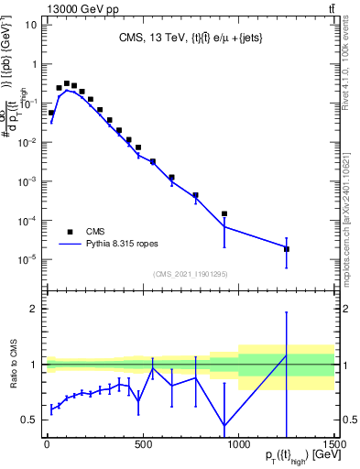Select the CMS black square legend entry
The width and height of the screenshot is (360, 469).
click(x=71, y=231)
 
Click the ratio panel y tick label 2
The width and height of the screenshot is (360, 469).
click(x=31, y=309)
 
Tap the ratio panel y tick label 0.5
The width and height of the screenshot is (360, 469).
click(x=27, y=420)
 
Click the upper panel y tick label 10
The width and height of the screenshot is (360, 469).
click(x=28, y=25)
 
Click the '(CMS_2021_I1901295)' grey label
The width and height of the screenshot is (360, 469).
click(x=190, y=274)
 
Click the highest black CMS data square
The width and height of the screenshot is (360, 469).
click(x=67, y=82)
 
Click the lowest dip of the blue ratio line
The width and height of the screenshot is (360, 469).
click(x=224, y=425)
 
